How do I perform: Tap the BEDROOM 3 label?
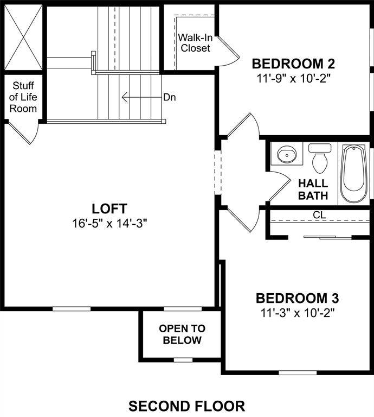point(297,298)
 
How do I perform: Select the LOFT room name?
point(109,208)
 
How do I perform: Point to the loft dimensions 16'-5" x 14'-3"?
point(109,223)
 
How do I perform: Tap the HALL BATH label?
point(313,188)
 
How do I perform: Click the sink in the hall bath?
point(286,155)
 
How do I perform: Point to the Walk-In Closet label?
point(195,43)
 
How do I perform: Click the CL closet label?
point(319,215)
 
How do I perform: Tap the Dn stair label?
point(169,97)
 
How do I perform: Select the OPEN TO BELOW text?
point(182,334)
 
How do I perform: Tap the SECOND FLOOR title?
point(186,406)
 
